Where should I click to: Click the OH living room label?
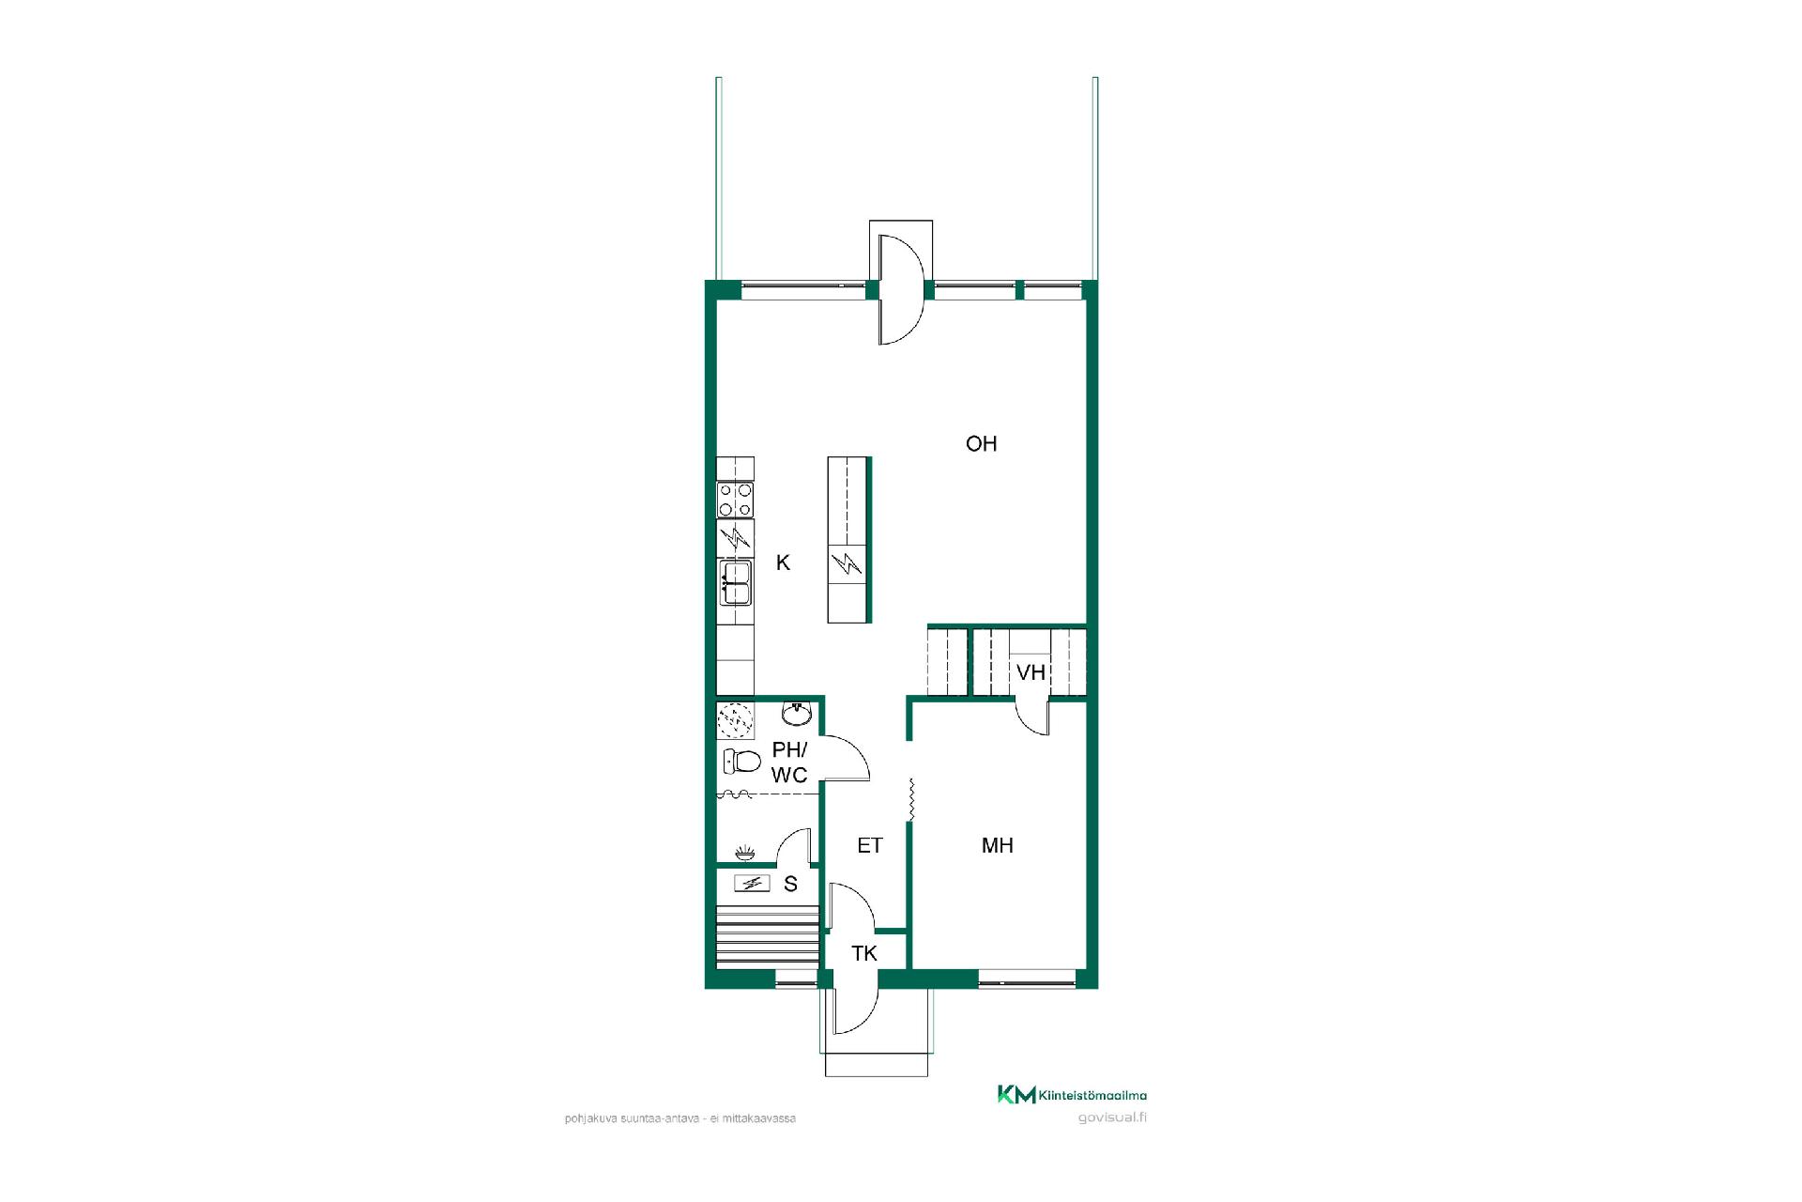[981, 443]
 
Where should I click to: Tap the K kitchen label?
[783, 562]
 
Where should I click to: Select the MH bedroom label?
[997, 845]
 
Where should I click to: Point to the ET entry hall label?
[870, 845]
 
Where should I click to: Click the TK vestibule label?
[864, 954]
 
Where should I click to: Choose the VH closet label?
[1031, 672]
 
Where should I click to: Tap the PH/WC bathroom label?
[789, 763]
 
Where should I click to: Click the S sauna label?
[790, 884]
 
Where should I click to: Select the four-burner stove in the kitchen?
[735, 499]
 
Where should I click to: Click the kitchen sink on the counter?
[735, 583]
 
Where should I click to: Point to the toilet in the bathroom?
[741, 761]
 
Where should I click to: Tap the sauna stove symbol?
[751, 883]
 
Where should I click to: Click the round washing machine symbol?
[735, 721]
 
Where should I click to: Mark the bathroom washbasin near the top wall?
[796, 714]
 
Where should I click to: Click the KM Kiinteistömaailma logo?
[1072, 1095]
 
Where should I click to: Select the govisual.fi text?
[1113, 1117]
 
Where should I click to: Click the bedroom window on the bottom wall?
[1027, 982]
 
